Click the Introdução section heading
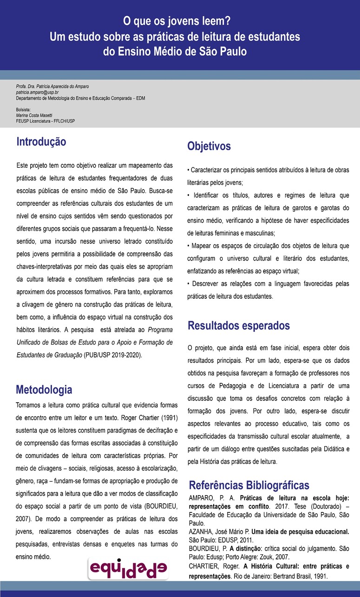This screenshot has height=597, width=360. pos(41,142)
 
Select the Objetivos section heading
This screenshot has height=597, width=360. pos(209,146)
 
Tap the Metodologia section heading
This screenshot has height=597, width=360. pos(44,389)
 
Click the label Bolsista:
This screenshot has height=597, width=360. pos(23,110)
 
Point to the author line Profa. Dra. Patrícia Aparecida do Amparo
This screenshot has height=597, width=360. pos(52,87)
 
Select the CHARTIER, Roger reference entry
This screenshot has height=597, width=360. pos(269,571)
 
